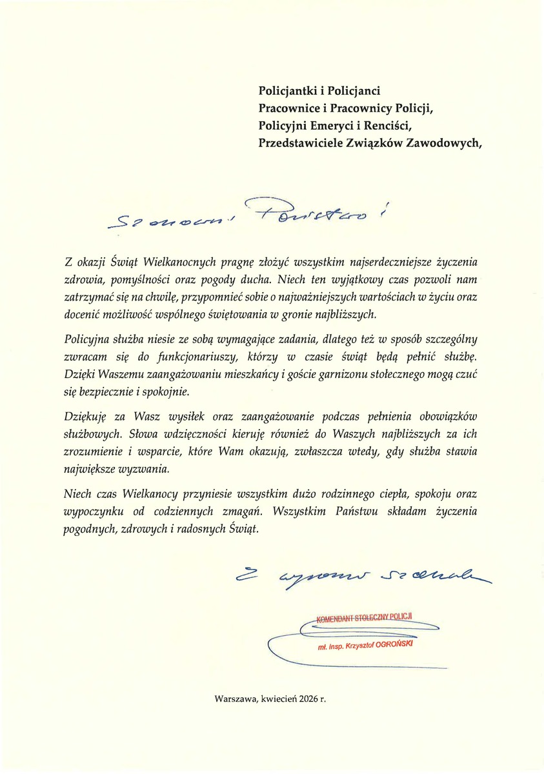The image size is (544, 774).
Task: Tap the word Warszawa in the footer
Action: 236,699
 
